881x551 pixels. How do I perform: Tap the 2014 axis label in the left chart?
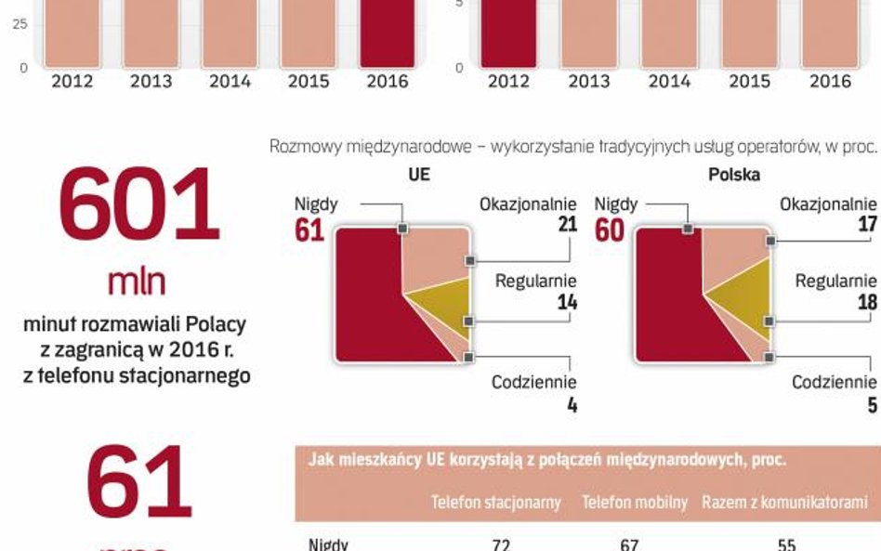pyautogui.click(x=230, y=81)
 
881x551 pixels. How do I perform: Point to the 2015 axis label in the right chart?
pyautogui.click(x=749, y=81)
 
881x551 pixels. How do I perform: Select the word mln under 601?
pyautogui.click(x=137, y=281)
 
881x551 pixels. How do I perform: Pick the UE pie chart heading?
pyautogui.click(x=419, y=174)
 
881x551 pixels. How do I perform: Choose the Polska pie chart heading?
pyautogui.click(x=734, y=174)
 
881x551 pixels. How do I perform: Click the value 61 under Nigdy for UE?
pyautogui.click(x=309, y=230)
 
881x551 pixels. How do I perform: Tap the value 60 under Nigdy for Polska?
pyautogui.click(x=610, y=230)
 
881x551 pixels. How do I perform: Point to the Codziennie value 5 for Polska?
pyautogui.click(x=871, y=405)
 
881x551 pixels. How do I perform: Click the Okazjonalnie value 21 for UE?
pyautogui.click(x=567, y=224)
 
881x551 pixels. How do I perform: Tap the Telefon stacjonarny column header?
pyautogui.click(x=495, y=503)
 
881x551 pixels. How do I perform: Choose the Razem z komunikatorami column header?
pyautogui.click(x=784, y=503)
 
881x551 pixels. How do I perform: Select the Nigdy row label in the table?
pyautogui.click(x=328, y=544)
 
